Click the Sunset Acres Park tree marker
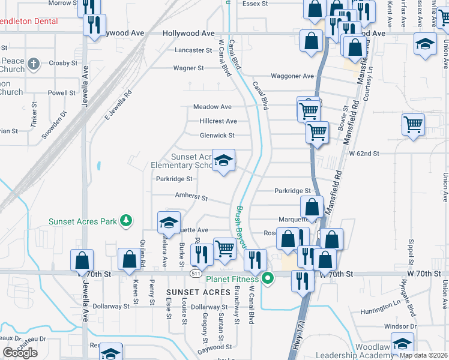point(126,221)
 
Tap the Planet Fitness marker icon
point(269,278)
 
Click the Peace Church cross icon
point(34,63)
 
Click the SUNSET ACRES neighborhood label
point(195,292)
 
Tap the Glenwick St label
point(217,136)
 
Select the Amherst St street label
point(191,197)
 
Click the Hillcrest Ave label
point(218,121)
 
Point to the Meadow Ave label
point(212,107)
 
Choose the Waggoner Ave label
point(292,76)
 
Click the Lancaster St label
point(193,50)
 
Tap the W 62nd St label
point(364,154)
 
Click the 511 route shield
point(196,274)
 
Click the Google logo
point(20,353)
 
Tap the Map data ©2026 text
point(423,355)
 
